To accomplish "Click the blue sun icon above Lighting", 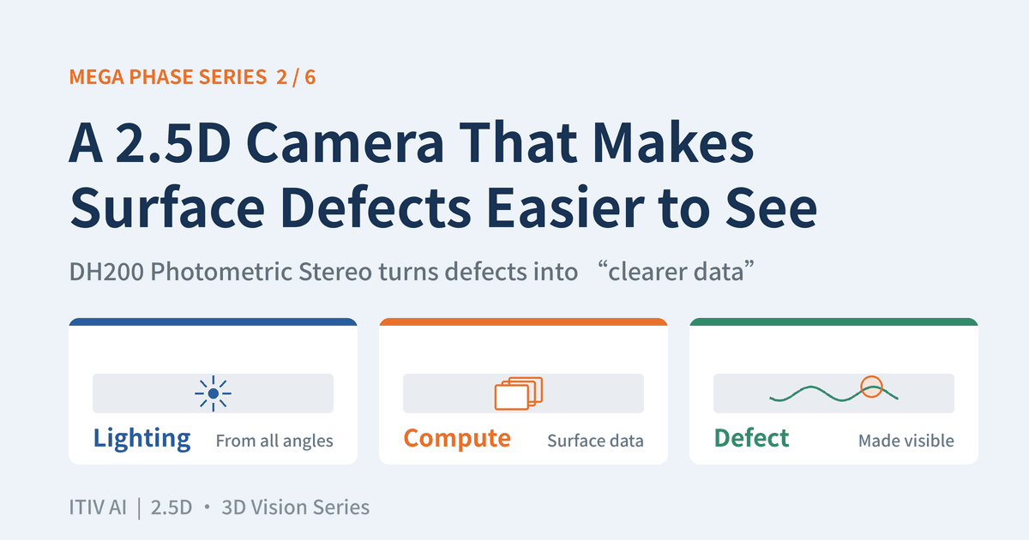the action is click(x=213, y=393).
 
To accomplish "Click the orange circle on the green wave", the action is click(x=871, y=387).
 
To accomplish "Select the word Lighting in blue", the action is click(x=142, y=439).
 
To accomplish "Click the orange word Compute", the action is click(x=457, y=439).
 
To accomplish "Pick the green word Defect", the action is click(x=751, y=438).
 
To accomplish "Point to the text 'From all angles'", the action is click(x=274, y=441).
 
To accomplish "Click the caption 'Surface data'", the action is click(x=595, y=441).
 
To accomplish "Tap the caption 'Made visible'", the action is click(x=906, y=441).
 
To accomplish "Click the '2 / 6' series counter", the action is click(x=296, y=77).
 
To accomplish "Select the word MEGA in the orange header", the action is click(x=96, y=77).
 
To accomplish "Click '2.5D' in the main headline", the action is click(x=173, y=142).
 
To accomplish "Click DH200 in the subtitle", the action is click(x=106, y=272).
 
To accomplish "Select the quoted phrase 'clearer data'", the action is click(x=677, y=272).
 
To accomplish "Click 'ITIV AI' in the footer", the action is click(x=98, y=507).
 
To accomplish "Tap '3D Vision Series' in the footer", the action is click(x=296, y=507).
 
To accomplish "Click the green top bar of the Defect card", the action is click(x=833, y=322).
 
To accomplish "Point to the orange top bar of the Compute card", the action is click(x=523, y=322).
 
